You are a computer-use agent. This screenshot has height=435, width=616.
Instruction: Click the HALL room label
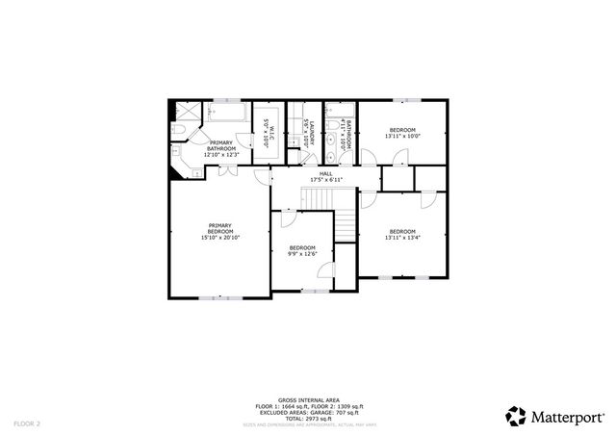(326, 173)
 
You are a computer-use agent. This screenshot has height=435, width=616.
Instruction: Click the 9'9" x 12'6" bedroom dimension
(302, 254)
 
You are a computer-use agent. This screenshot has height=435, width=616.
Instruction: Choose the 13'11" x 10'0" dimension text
(401, 136)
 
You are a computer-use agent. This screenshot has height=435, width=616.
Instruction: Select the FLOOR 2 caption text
(27, 422)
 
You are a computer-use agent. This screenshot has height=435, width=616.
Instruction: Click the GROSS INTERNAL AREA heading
(307, 399)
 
